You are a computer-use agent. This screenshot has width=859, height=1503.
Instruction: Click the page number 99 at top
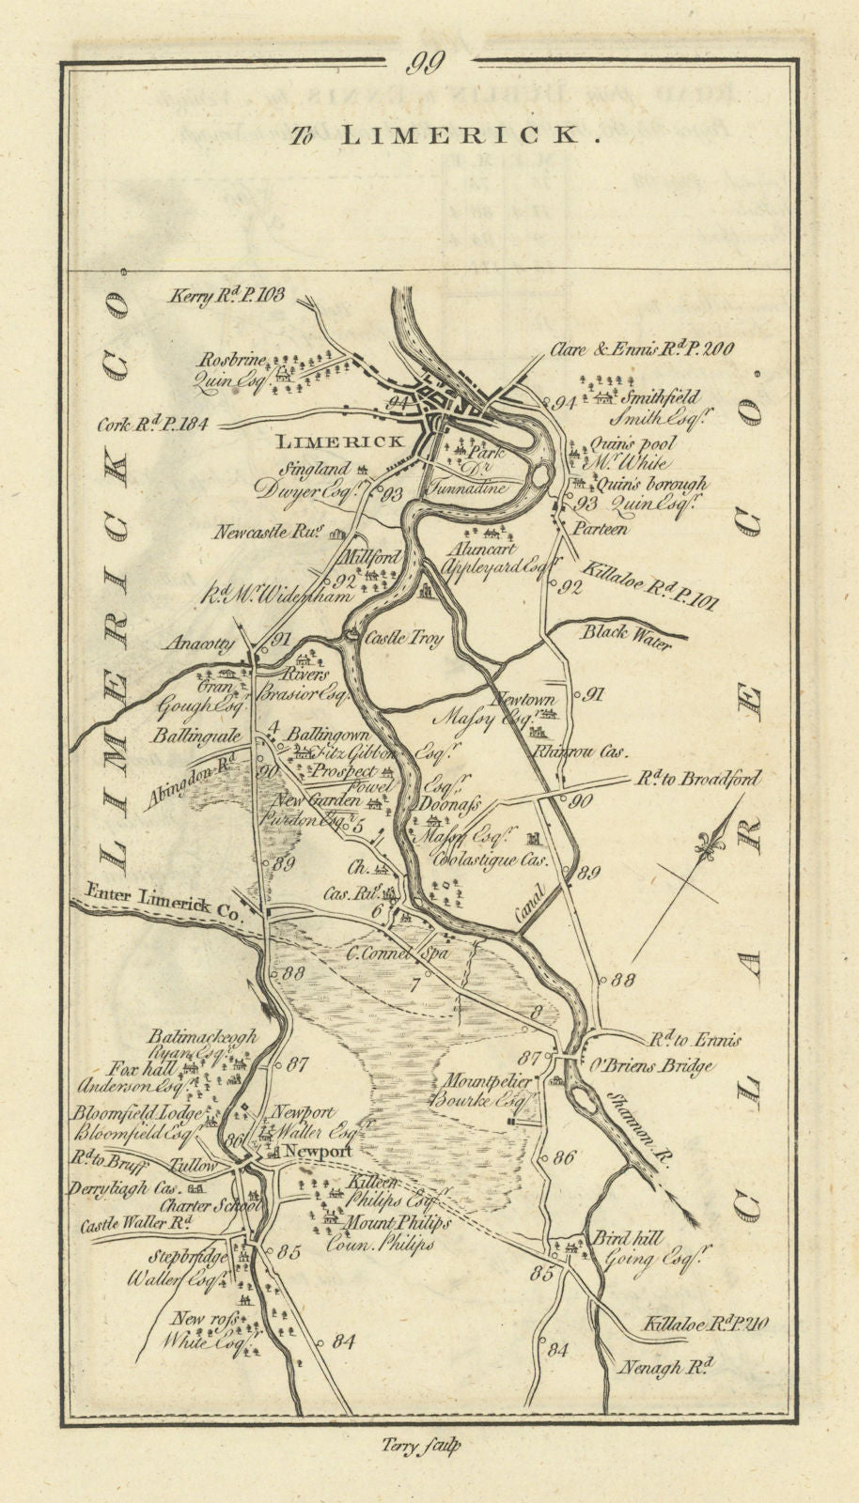click(x=429, y=65)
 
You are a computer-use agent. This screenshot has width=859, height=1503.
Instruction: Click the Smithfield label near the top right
click(x=665, y=398)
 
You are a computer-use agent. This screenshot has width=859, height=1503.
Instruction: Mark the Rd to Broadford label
click(x=697, y=779)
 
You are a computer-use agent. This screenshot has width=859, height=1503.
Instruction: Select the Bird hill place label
click(x=619, y=1238)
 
